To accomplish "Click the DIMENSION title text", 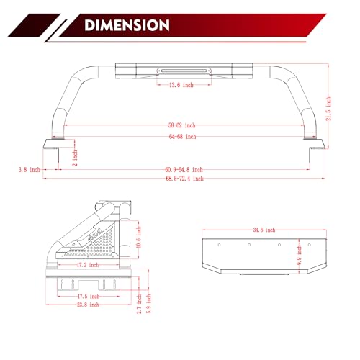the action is point(127,25).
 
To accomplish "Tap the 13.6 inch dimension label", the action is point(181,85).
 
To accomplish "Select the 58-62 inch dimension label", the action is point(181,125).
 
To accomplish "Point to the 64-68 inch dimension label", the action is point(182,137).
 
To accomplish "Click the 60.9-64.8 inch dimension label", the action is point(184,170).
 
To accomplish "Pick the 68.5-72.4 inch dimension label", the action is point(184,179).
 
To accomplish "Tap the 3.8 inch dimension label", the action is point(30,170).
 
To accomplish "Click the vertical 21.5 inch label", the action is point(329,109).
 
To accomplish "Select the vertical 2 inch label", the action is point(75,158).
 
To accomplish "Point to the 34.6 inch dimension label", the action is point(264,230).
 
